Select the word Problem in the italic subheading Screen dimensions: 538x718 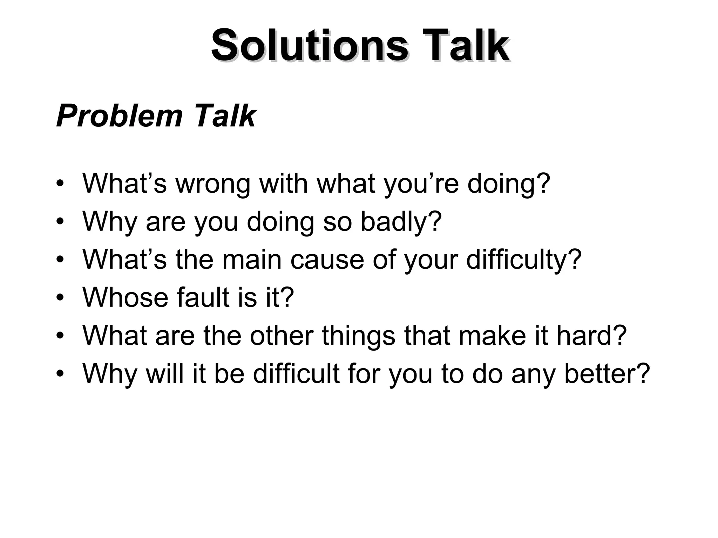click(x=120, y=116)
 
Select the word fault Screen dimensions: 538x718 click(x=203, y=298)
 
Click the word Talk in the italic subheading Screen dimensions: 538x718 click(x=224, y=116)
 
